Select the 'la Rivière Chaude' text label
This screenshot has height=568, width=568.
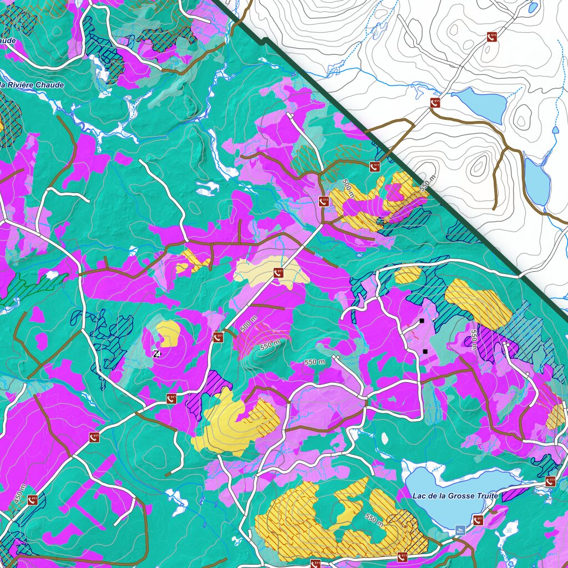click(32, 85)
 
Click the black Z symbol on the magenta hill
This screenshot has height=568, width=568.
click(157, 353)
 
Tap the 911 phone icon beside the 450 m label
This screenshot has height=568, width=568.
click(33, 499)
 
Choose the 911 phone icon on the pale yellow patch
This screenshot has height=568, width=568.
click(279, 273)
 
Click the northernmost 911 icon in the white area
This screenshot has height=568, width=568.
click(491, 37)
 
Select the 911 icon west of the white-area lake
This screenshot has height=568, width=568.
click(435, 103)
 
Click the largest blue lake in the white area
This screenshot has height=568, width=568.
click(480, 104)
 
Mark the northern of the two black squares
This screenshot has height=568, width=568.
click(422, 321)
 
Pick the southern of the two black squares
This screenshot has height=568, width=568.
click(425, 351)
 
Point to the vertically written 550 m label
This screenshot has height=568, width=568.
click(474, 339)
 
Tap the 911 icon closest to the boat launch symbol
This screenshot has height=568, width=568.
click(478, 520)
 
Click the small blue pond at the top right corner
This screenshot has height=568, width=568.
click(532, 8)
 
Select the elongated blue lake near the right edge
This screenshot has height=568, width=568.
click(536, 182)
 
